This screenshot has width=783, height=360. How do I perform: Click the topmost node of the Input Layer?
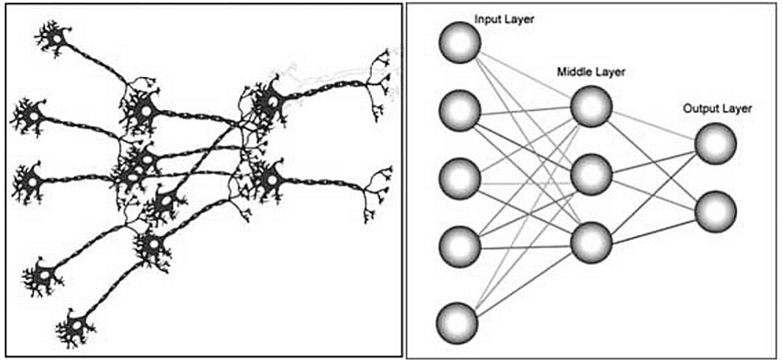[x=460, y=42]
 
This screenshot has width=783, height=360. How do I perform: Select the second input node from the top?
[x=460, y=111]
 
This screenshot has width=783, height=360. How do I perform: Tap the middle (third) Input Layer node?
[x=460, y=178]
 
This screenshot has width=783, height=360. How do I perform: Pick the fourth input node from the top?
[x=460, y=245]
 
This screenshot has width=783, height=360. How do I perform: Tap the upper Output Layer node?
[x=715, y=144]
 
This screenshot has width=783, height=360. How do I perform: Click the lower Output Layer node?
[x=715, y=211]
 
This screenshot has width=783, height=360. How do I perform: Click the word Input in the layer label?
[x=488, y=18]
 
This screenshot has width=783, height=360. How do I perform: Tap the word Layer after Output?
[x=737, y=109]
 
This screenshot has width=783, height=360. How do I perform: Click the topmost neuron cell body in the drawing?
[x=54, y=38]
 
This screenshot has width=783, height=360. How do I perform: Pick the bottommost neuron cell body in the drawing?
[x=76, y=325]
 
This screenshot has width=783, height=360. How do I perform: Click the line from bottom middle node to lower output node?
[x=653, y=226]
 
